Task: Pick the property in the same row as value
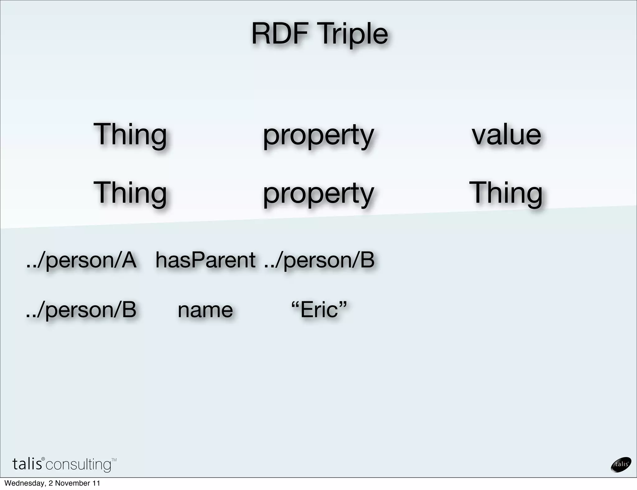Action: pyautogui.click(x=318, y=136)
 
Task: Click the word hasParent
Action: pyautogui.click(x=205, y=260)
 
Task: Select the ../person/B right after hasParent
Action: pyautogui.click(x=319, y=260)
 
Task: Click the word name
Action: pyautogui.click(x=205, y=310)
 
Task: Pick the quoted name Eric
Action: pyautogui.click(x=319, y=310)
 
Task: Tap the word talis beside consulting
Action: pyautogui.click(x=27, y=464)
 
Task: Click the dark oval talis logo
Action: pyautogui.click(x=621, y=465)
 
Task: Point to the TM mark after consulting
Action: pyautogui.click(x=114, y=460)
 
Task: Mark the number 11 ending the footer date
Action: pyautogui.click(x=96, y=483)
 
